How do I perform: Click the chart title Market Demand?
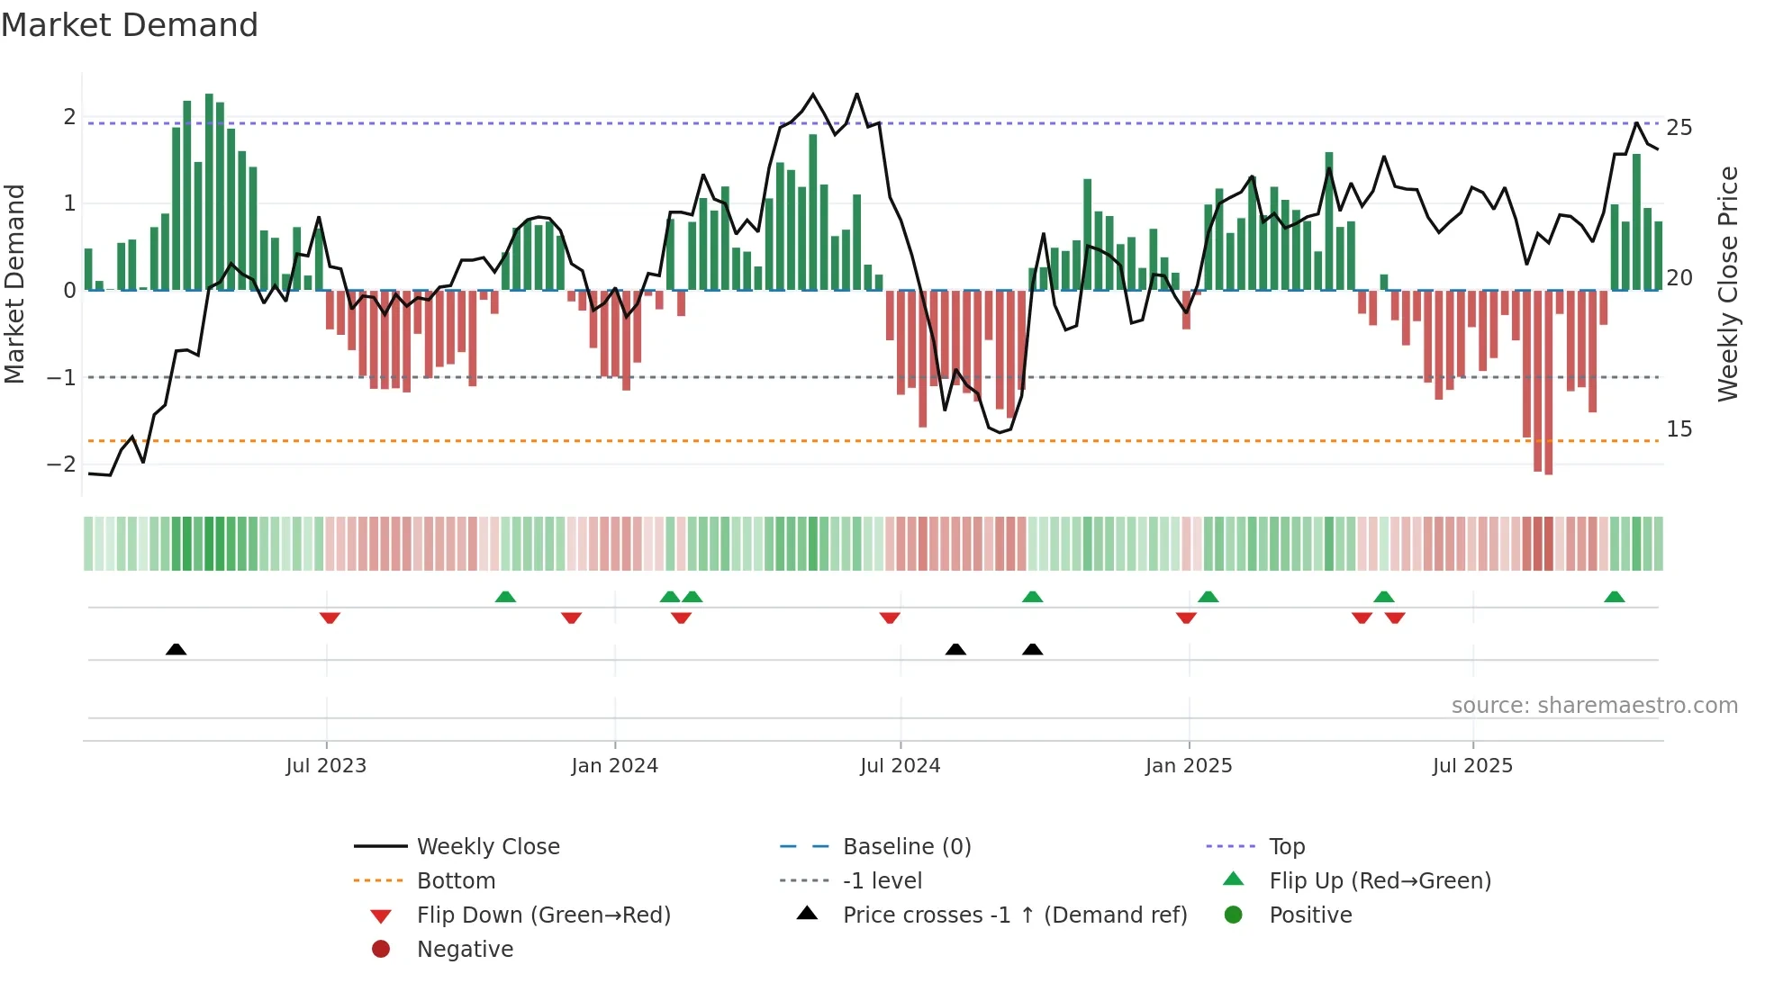click(130, 25)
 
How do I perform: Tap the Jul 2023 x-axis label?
click(326, 766)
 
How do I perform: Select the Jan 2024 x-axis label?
click(615, 766)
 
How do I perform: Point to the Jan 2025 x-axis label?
click(1189, 766)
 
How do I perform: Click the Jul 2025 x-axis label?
click(1473, 766)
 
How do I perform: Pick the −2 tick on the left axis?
click(61, 464)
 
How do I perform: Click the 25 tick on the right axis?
click(1679, 128)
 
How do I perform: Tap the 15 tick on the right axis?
click(1679, 429)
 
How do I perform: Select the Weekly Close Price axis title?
click(1727, 284)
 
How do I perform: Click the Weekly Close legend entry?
click(488, 847)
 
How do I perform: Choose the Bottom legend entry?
click(456, 881)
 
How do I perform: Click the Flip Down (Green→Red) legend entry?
click(543, 915)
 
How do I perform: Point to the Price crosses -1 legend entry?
click(1015, 915)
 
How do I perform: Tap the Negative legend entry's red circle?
click(381, 950)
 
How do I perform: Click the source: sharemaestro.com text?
click(1594, 706)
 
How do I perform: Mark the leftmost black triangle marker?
click(176, 649)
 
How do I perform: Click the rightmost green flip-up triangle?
click(1615, 597)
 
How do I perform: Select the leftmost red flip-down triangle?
click(330, 618)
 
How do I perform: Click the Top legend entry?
click(1287, 847)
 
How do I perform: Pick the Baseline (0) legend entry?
click(907, 847)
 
